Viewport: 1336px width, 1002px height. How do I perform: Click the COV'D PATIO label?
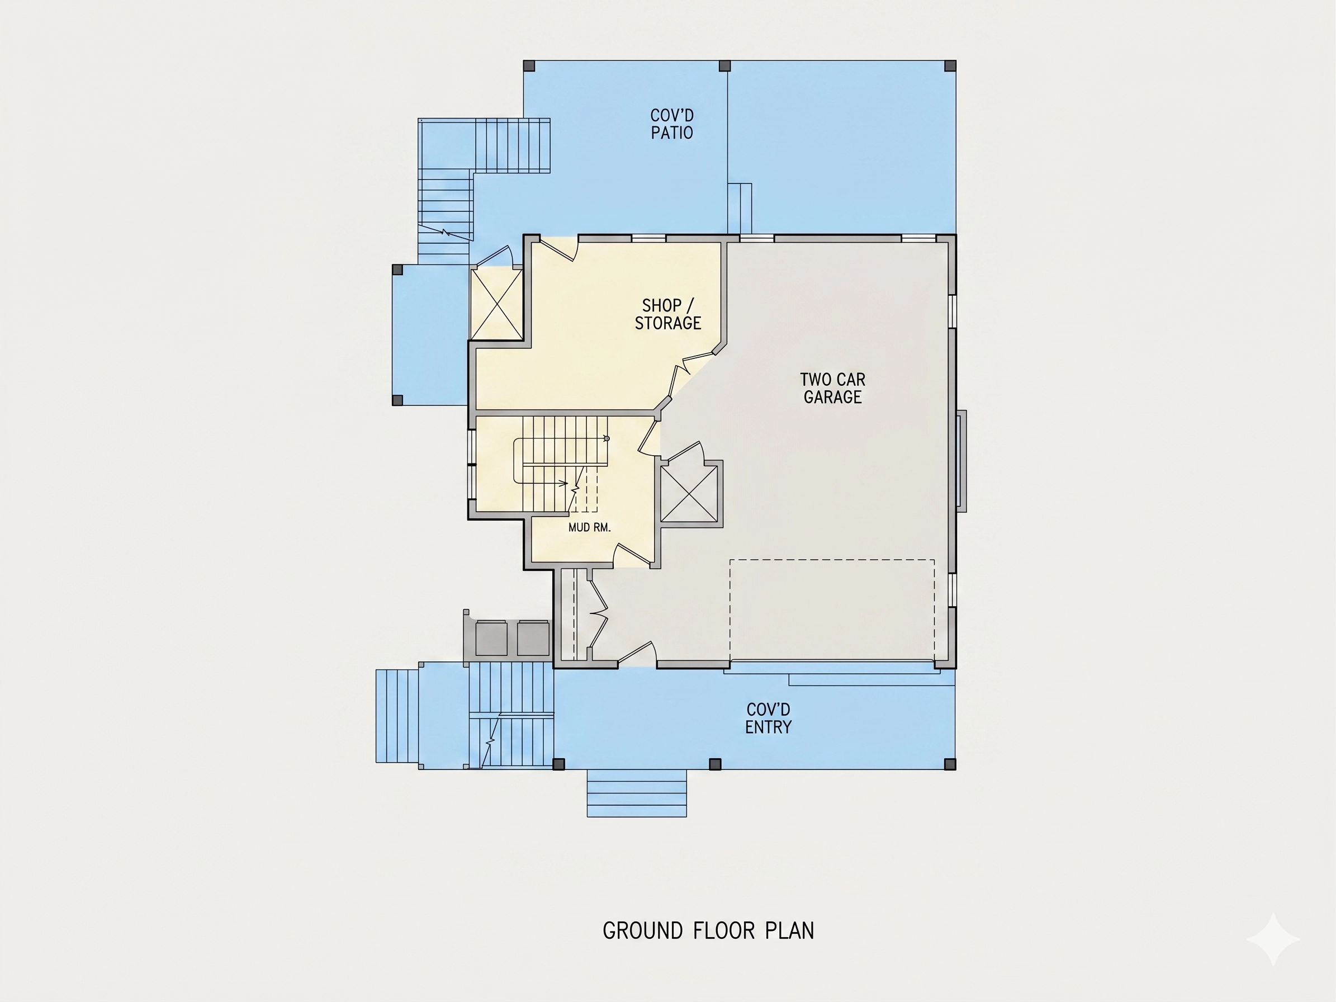point(671,124)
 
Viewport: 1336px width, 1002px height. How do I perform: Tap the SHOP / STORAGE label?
point(668,314)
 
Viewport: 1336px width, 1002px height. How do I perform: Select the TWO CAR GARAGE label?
point(832,387)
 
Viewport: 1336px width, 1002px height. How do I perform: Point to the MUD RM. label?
point(590,527)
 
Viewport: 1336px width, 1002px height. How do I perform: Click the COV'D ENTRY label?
point(768,718)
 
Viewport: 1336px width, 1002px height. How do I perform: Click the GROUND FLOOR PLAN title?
point(708,931)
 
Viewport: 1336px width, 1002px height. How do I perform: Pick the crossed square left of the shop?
point(496,304)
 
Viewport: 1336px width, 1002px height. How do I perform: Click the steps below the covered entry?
point(637,793)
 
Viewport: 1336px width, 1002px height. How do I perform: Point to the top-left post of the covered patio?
point(529,65)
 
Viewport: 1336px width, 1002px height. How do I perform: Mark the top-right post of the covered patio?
point(950,65)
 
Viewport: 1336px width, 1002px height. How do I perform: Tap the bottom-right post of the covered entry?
point(950,764)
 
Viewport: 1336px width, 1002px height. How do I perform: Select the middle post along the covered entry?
point(715,764)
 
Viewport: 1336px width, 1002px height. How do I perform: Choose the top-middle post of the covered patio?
point(725,65)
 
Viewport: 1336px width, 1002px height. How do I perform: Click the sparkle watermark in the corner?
point(1273,939)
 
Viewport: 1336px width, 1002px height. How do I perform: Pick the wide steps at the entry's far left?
point(397,716)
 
